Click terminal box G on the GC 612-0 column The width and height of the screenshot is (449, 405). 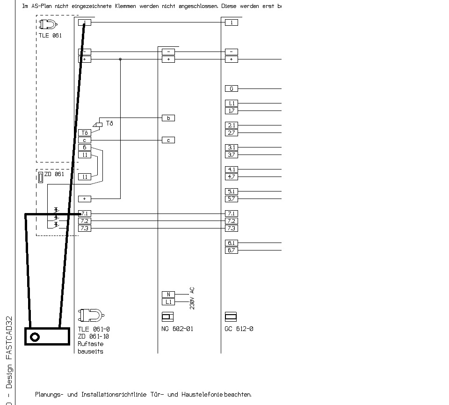pos(231,88)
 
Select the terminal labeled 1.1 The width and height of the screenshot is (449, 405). pos(231,103)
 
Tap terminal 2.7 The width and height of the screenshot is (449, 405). pos(231,133)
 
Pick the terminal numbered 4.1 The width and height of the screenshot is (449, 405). pos(231,169)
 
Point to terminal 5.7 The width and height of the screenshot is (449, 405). pos(231,199)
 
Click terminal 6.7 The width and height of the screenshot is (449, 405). pos(231,250)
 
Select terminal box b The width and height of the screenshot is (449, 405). pos(168,118)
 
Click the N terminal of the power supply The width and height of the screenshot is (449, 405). pos(168,295)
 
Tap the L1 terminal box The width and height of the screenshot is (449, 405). pos(168,302)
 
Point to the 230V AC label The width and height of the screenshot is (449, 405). pos(192,298)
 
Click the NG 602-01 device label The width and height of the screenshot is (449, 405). pos(177,329)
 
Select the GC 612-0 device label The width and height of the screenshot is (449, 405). pos(239,329)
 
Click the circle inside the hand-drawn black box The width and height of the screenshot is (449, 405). pos(35,337)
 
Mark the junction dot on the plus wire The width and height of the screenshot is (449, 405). pos(120,59)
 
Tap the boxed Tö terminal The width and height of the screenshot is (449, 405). pos(84,133)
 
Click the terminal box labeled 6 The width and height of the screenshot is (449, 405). pos(84,147)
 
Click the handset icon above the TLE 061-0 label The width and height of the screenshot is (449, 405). pos(91,314)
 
